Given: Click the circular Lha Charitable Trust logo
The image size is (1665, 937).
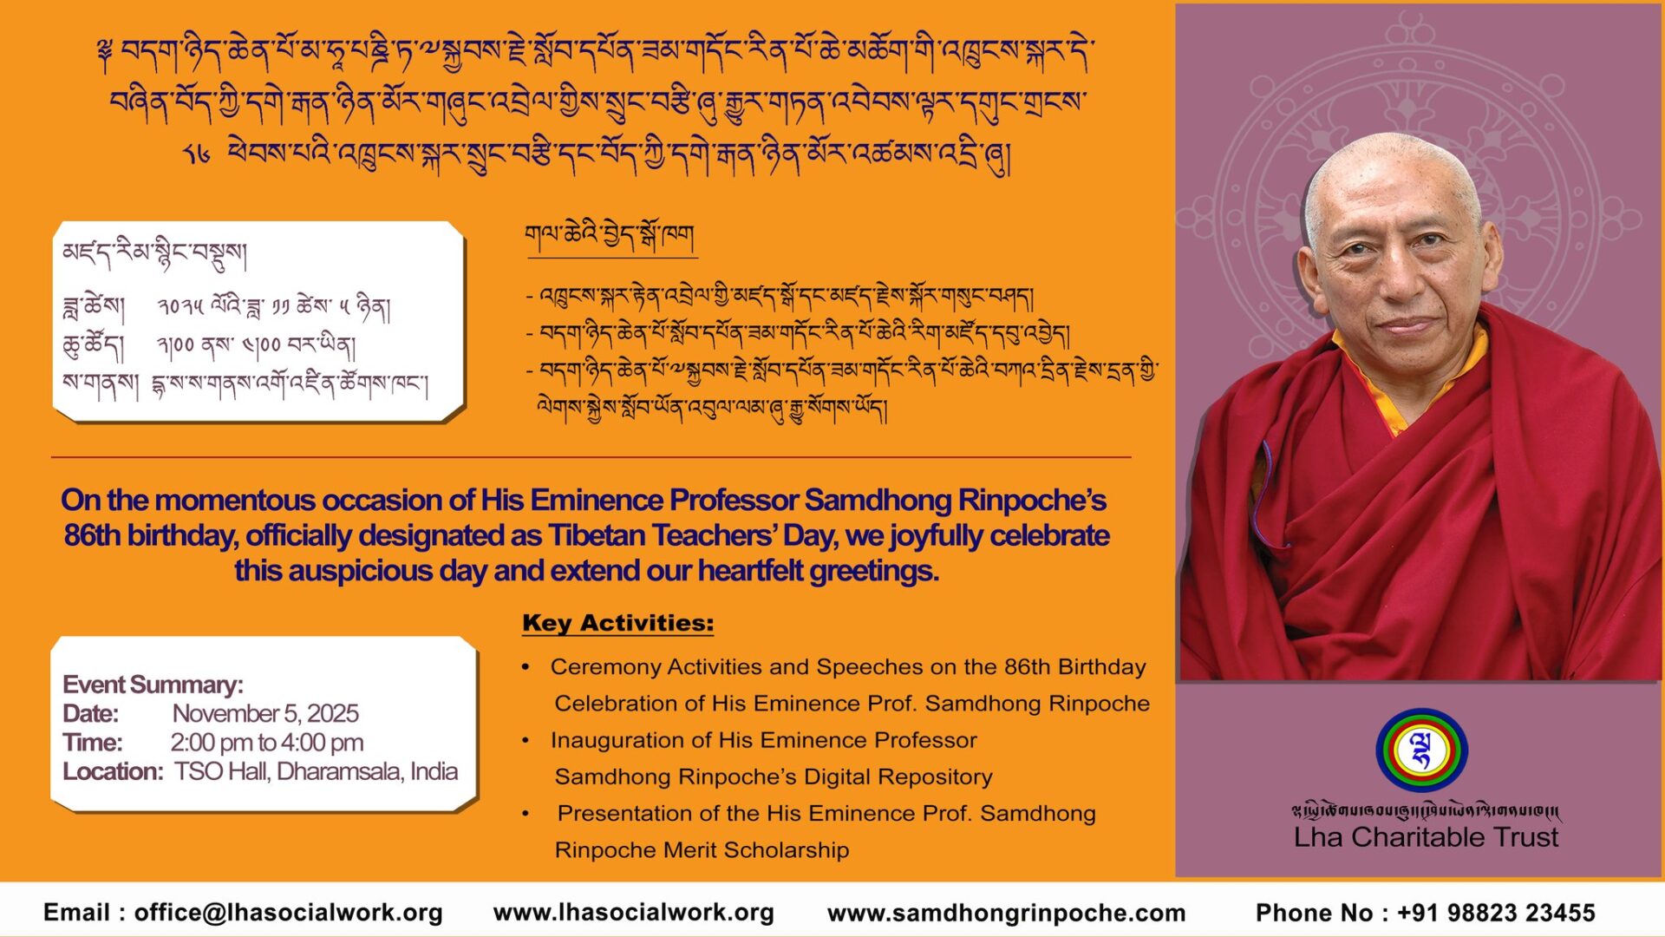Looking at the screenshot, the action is (x=1421, y=750).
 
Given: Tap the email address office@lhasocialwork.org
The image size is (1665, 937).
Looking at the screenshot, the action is (x=289, y=913).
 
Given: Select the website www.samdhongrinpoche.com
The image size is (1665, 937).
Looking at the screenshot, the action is (x=1006, y=913).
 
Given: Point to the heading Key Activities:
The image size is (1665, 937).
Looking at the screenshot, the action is (x=618, y=623).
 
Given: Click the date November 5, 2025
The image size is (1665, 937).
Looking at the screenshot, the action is (x=265, y=713).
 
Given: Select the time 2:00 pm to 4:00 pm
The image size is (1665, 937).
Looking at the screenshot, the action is (x=266, y=743).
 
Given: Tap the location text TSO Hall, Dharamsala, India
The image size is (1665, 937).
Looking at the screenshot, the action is (x=316, y=771).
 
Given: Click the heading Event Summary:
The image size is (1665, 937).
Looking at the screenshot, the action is (x=153, y=685).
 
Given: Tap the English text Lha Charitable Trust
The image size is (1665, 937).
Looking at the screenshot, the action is (x=1426, y=837).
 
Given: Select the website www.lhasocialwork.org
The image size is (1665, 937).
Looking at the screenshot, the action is (x=634, y=913).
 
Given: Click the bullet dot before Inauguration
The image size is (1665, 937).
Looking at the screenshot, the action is (x=526, y=740).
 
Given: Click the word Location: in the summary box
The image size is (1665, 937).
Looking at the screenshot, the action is (x=113, y=771).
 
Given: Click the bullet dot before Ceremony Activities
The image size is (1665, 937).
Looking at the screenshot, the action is (x=526, y=666).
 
